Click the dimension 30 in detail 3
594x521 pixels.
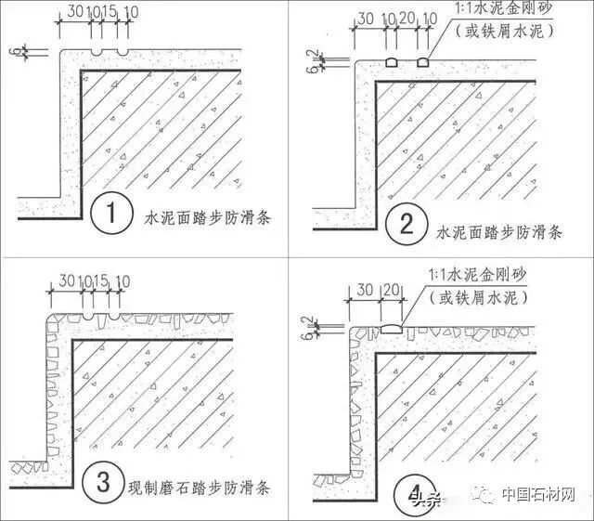pyautogui.click(x=65, y=279)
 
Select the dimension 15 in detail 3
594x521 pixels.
pyautogui.click(x=100, y=279)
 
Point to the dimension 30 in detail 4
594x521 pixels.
pyautogui.click(x=364, y=291)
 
